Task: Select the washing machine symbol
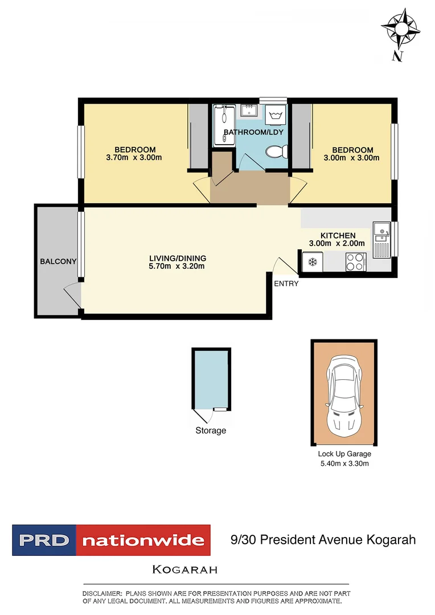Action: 277,116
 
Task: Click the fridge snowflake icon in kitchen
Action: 311,262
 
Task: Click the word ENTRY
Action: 286,284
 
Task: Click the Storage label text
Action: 211,430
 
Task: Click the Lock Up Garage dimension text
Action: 343,464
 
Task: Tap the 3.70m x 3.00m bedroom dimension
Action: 134,158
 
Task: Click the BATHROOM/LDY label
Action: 253,132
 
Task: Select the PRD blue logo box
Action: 44,540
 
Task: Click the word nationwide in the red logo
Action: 143,540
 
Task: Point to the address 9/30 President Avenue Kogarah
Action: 323,539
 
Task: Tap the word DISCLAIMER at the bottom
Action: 102,593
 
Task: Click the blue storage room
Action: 212,379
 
